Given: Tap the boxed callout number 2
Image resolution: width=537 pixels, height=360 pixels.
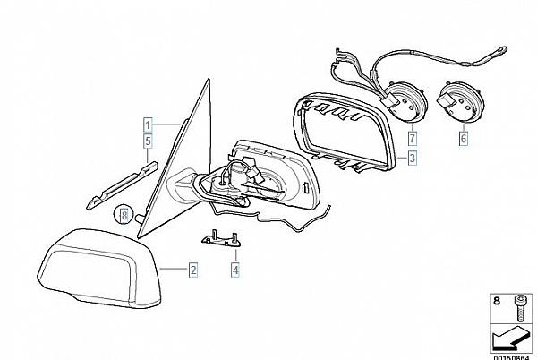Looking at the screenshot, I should click(192, 268).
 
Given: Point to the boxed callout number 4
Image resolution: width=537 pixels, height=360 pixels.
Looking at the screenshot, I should click(234, 268).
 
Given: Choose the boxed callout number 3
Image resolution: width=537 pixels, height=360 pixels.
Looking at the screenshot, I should click(411, 159).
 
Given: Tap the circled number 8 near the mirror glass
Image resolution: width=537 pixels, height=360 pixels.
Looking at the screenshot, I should click(124, 215).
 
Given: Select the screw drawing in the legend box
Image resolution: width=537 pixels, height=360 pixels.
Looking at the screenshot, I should click(518, 308).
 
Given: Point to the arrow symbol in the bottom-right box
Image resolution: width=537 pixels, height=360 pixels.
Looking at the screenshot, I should click(507, 337).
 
